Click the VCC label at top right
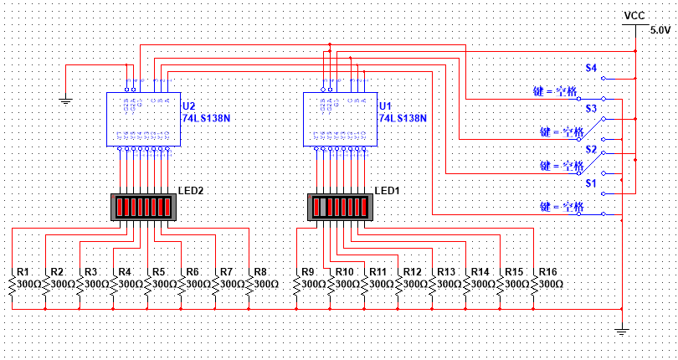pos(634,16)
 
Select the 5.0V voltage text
pos(660,30)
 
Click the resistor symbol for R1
pos(13,285)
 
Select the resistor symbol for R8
pos(250,285)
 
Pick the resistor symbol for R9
pos(297,285)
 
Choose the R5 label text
pos(157,272)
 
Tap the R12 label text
pos(412,272)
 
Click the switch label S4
pos(591,68)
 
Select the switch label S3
pos(591,109)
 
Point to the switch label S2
pos(591,149)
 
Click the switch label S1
pos(591,182)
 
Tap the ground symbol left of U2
pos(66,101)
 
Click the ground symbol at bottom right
pos(621,331)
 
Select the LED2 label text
pos(192,191)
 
